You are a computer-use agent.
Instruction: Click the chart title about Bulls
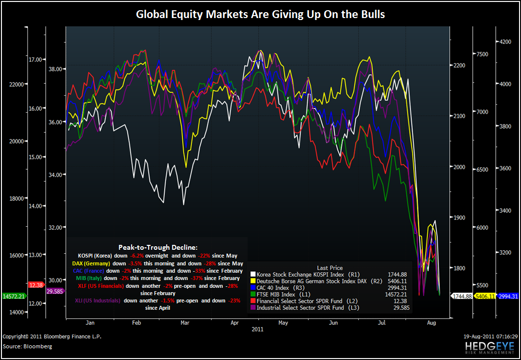[260, 14]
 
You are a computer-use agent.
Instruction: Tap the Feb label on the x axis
[136, 323]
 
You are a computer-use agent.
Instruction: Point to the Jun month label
[333, 323]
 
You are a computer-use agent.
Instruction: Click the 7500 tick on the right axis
[482, 54]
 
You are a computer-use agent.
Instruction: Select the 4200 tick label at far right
[505, 42]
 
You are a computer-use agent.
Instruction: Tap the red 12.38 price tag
[36, 284]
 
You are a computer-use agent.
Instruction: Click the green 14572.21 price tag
[14, 296]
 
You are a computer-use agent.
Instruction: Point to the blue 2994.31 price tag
[508, 296]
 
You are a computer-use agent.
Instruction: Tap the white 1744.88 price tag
[461, 296]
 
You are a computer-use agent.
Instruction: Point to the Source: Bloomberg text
[27, 346]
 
